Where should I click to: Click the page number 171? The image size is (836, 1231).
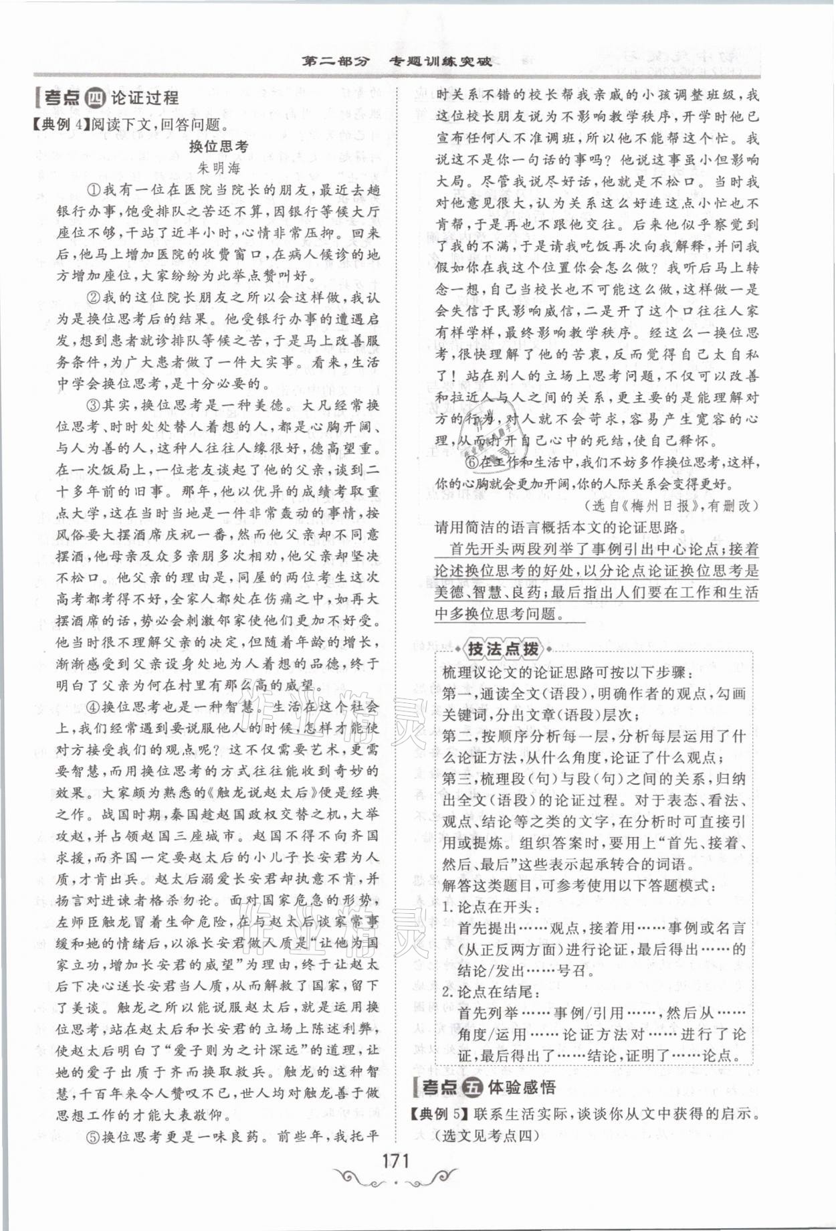pos(396,1159)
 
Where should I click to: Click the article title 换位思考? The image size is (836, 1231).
pos(218,147)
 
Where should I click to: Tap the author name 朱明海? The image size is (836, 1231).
pos(218,167)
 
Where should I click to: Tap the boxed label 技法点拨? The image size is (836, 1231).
pos(502,648)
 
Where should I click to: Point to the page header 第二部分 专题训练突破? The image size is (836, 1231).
pos(397,62)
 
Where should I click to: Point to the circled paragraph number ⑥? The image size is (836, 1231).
pos(472,462)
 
